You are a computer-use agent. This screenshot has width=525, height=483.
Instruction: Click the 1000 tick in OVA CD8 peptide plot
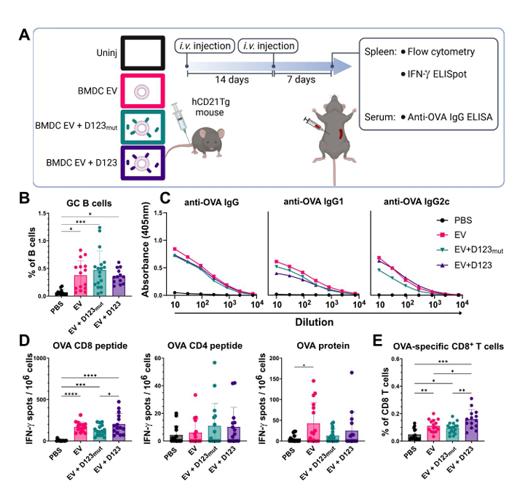[x=41, y=358]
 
